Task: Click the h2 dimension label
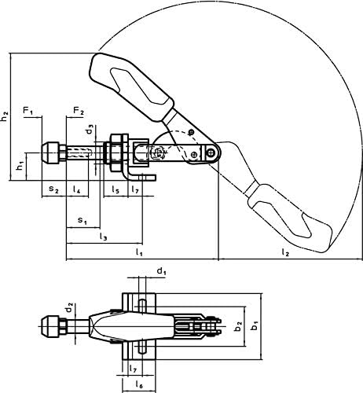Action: [5, 116]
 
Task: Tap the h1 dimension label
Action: [20, 166]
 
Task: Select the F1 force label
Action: [28, 111]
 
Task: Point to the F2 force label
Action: [79, 111]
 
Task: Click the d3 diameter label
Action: [90, 130]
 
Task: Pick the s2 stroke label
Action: [53, 189]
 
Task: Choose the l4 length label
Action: [77, 189]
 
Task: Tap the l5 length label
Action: [115, 189]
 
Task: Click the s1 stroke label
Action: [82, 221]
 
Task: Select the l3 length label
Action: [104, 237]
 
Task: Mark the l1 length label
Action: [139, 252]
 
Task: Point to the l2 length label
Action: [285, 252]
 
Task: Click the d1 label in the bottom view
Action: [161, 271]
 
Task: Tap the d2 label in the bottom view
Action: [69, 308]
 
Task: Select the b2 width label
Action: [238, 326]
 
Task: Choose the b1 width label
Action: [255, 326]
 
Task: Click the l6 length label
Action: [139, 384]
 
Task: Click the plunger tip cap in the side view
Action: [51, 152]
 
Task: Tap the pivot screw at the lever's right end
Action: [211, 152]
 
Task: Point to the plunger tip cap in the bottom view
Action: [51, 326]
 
